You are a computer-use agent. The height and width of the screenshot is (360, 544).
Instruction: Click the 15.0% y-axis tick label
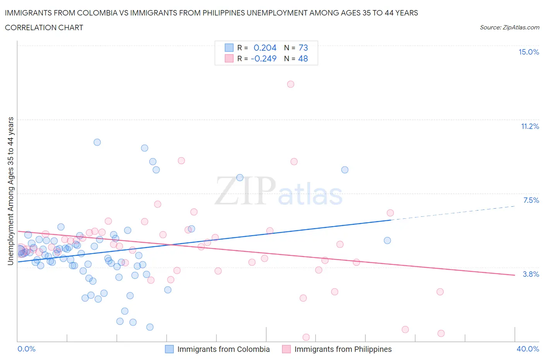(x=529, y=52)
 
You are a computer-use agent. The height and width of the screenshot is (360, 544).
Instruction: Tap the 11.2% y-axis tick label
(x=530, y=126)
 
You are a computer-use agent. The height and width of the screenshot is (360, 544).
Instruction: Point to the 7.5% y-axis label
(x=531, y=200)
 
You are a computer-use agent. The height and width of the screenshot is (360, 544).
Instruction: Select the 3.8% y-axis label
(x=531, y=274)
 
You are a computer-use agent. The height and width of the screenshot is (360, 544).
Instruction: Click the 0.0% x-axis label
(x=26, y=349)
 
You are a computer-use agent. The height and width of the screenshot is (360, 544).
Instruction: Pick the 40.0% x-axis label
(x=528, y=349)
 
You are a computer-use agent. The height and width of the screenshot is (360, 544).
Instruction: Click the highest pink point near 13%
(x=291, y=84)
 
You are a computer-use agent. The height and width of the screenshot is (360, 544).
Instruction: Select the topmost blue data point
(x=97, y=142)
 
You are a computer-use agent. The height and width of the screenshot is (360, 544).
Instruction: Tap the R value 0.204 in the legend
(x=265, y=48)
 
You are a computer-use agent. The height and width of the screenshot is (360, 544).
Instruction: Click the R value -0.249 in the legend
(x=263, y=58)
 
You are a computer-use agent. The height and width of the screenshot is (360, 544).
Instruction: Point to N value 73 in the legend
(x=303, y=48)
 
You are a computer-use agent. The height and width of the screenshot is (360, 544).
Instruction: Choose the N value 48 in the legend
(x=303, y=58)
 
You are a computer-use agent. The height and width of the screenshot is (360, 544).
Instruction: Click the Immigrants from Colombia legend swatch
(x=169, y=349)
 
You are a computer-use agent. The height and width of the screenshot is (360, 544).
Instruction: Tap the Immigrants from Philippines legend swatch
(x=286, y=349)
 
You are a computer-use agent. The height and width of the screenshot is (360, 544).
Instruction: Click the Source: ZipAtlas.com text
(x=509, y=27)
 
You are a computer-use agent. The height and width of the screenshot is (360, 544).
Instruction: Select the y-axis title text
(x=11, y=191)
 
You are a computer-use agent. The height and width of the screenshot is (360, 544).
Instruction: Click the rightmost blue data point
(x=387, y=240)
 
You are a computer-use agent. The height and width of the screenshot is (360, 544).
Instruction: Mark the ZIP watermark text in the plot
(x=245, y=190)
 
